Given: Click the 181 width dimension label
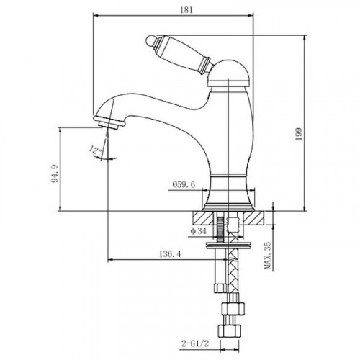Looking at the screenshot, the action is [x=186, y=10].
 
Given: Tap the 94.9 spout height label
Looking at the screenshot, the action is [x=55, y=174].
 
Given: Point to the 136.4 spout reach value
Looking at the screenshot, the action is [x=170, y=254].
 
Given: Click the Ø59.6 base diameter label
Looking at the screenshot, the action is [x=184, y=184].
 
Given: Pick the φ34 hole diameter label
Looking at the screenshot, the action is [x=198, y=231].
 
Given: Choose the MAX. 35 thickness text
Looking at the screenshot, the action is [x=268, y=255].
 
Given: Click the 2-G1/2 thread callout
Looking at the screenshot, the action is [x=195, y=343].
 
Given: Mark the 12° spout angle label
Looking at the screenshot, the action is [x=95, y=150].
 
